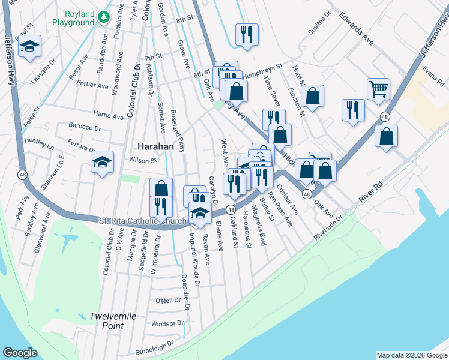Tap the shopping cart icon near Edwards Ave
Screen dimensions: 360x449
point(378,89)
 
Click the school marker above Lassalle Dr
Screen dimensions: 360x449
point(29,46)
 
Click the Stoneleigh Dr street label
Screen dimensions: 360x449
point(154,345)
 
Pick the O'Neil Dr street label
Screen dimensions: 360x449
point(168,301)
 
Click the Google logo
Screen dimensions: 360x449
point(20,353)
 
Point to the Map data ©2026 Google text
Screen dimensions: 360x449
point(412,355)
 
